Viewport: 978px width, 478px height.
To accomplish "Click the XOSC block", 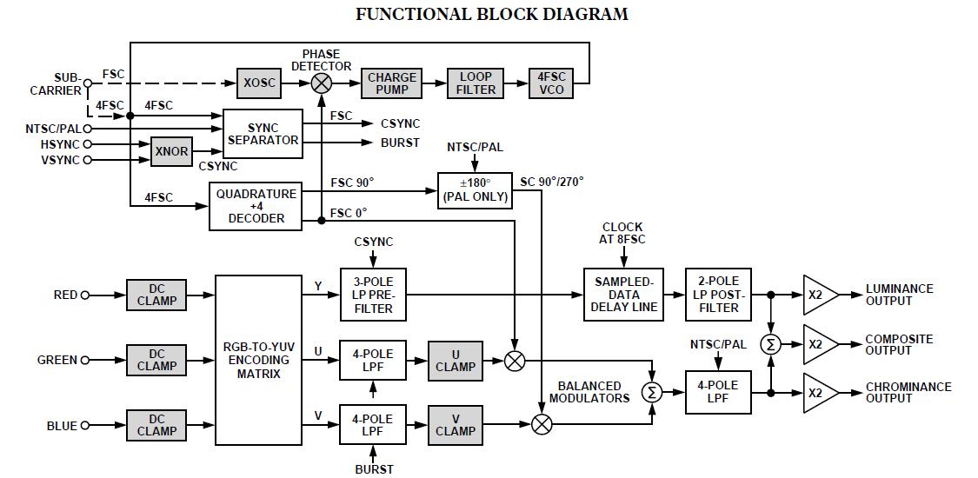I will click(x=260, y=83).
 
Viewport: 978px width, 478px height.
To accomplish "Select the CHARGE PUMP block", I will click(x=391, y=83).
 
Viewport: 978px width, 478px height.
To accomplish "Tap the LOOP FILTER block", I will click(x=476, y=83).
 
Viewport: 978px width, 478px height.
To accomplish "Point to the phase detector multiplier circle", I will click(x=322, y=83).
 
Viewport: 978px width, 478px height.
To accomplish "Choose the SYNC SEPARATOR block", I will click(x=263, y=134).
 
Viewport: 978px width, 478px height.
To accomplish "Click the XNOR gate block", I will click(x=171, y=151).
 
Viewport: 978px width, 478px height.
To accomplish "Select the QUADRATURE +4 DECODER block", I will click(x=256, y=206).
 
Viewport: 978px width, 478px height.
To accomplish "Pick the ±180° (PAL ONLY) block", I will click(x=475, y=189).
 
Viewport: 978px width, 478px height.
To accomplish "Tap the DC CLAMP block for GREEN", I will click(x=156, y=360).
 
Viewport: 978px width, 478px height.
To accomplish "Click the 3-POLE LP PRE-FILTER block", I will click(x=373, y=295).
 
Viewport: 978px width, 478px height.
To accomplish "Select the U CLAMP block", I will click(x=456, y=361).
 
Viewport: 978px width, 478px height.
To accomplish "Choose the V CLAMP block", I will click(x=456, y=425).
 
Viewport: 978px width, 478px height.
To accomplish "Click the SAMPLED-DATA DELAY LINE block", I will click(x=622, y=295).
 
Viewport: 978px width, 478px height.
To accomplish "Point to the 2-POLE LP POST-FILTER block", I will click(x=718, y=295).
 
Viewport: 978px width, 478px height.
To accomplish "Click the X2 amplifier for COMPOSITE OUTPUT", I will click(x=818, y=344).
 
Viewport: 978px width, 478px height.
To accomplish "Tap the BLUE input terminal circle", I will click(x=85, y=426).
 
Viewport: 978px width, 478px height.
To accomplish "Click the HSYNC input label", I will click(x=59, y=144).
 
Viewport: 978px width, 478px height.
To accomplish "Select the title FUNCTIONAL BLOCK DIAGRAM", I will click(x=491, y=14).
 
